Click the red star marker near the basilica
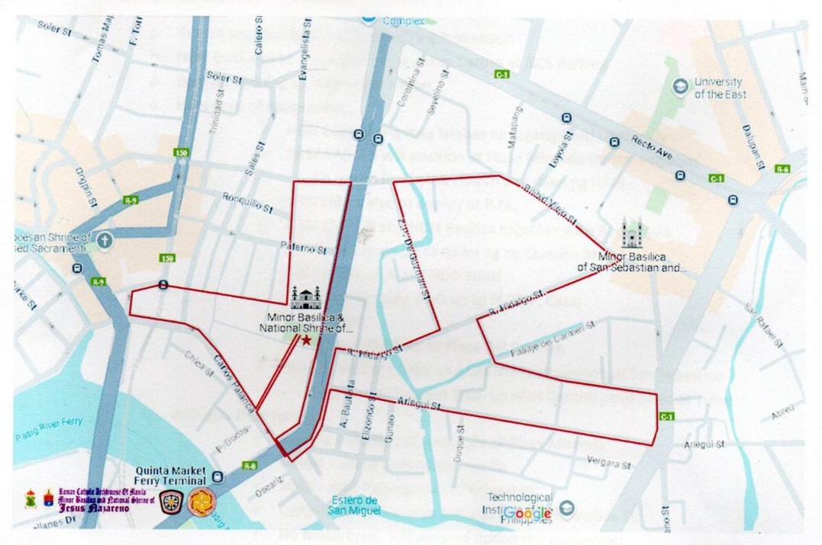click(306, 341)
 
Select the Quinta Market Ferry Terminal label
click(171, 476)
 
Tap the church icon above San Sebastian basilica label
click(633, 232)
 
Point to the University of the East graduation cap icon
click(679, 88)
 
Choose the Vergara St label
click(609, 463)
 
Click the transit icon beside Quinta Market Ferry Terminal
click(219, 477)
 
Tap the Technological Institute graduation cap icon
click(567, 508)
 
